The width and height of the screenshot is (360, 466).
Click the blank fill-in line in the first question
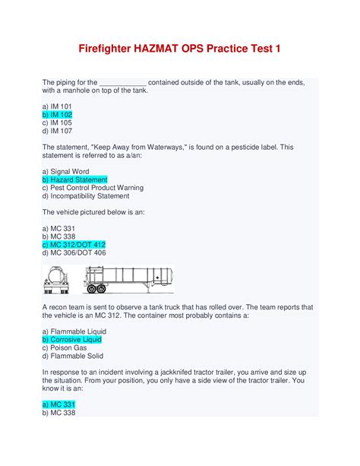coord(122,82)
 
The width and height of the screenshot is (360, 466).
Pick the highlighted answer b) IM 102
coord(57,114)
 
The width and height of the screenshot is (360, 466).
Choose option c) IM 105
coord(57,122)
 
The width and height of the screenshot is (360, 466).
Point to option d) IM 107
coord(57,131)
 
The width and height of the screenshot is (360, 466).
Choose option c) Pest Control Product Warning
coord(93,188)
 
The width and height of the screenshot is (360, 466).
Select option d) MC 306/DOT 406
coord(74,252)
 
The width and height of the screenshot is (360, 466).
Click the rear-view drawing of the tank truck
coord(58,279)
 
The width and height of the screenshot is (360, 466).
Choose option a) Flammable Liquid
coord(74,331)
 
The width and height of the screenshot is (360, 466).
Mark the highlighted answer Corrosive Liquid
coord(71,340)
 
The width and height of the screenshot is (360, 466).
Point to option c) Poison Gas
coord(65,348)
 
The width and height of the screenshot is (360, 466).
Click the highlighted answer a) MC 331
coord(57,404)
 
